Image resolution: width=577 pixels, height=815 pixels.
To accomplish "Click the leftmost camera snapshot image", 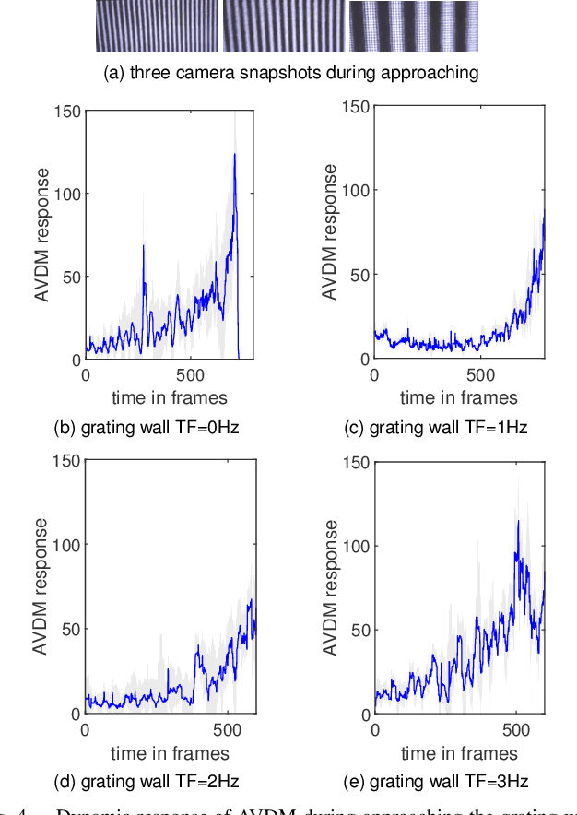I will tap(157, 25).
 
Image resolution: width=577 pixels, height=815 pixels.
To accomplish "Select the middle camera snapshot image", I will tap(284, 25).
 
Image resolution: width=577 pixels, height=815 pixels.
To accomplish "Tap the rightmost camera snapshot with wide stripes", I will tap(413, 25).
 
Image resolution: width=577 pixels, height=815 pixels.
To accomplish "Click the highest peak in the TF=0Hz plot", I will tap(235, 155).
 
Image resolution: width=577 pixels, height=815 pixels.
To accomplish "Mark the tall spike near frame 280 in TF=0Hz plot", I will tap(144, 246).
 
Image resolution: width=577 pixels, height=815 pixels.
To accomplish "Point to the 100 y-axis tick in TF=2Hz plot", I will tap(67, 544).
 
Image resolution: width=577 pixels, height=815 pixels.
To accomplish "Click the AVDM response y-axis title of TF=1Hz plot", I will tap(329, 231).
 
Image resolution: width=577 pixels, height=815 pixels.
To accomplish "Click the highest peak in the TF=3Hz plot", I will tap(518, 522).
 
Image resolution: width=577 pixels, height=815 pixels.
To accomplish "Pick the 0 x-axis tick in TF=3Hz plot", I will tap(374, 729).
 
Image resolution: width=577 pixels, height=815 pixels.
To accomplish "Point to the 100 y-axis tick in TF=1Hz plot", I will tap(356, 191).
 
